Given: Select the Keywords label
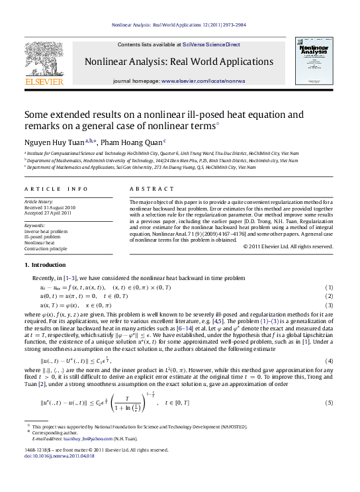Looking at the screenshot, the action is [x=34, y=225].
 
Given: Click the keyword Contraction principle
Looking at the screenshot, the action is [x=45, y=248].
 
